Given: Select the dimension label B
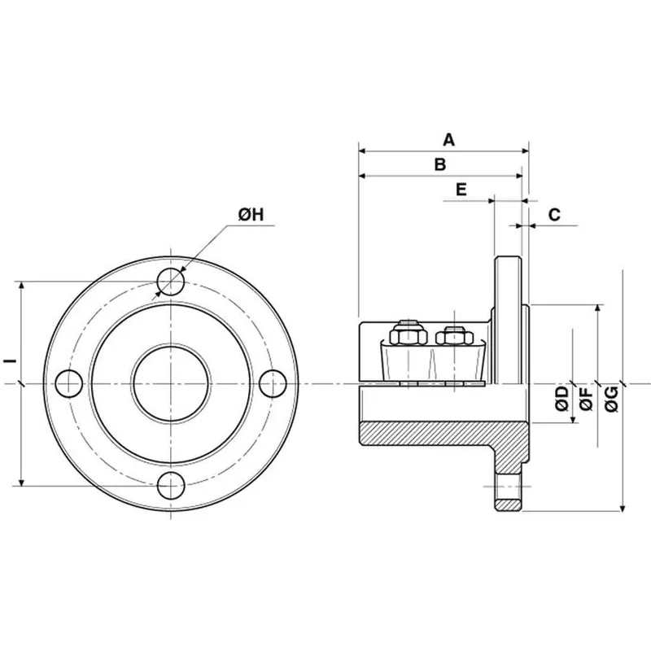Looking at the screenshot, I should [439, 164].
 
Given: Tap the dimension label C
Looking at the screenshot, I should [554, 214].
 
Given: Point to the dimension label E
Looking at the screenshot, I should [461, 190].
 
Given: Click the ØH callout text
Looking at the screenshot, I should [251, 214].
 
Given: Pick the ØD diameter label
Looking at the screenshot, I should [561, 398].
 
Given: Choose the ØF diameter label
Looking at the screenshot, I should [585, 398].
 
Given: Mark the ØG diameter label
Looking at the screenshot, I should [612, 398].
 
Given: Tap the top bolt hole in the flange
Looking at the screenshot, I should [171, 282].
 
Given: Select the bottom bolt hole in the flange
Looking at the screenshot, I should [171, 486].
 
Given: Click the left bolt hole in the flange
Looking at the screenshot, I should [69, 383].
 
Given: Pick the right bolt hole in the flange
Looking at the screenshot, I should [273, 383].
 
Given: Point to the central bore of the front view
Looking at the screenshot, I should [171, 383].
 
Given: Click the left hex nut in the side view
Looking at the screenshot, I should [408, 334].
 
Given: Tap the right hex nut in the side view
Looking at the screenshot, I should [452, 334].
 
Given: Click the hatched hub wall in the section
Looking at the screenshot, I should [431, 434].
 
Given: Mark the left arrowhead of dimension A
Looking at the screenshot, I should [363, 151].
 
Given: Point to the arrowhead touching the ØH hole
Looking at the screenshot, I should [183, 269].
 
